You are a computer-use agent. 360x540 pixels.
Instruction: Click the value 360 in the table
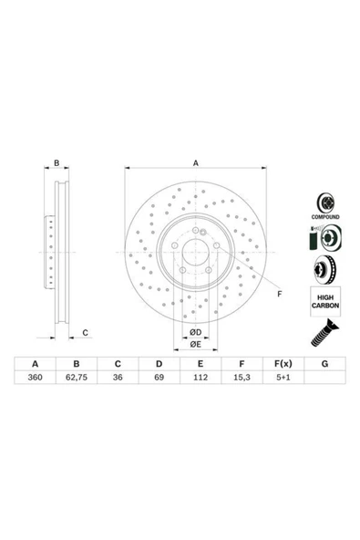click(36, 377)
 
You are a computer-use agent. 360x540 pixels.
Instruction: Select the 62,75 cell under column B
click(77, 377)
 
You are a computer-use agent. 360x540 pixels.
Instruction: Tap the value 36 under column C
click(118, 377)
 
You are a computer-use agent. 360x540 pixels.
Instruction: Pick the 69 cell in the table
click(159, 377)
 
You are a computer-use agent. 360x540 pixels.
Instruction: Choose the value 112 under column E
click(201, 377)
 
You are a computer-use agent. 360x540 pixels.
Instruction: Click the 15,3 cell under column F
click(242, 377)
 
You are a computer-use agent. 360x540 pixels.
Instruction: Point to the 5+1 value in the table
click(283, 377)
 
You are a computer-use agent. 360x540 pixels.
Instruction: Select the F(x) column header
click(283, 364)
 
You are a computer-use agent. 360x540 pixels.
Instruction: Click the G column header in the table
click(324, 364)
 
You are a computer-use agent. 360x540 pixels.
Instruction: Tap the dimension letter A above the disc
click(195, 163)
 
